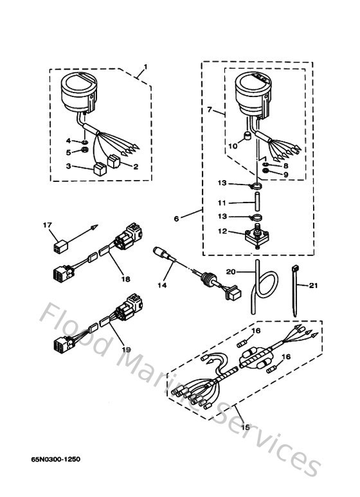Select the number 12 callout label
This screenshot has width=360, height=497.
tap(222, 231)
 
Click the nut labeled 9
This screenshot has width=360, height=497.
tap(265, 173)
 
